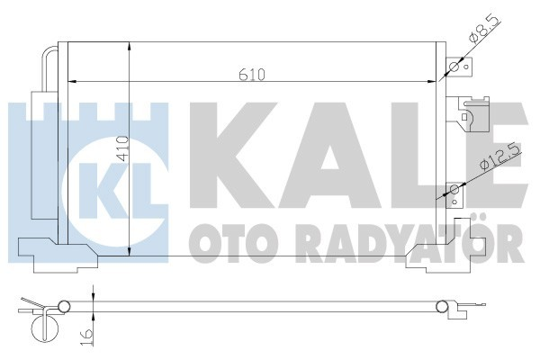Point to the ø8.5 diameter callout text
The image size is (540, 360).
(477, 38)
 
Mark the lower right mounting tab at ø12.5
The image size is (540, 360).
(454, 190)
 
